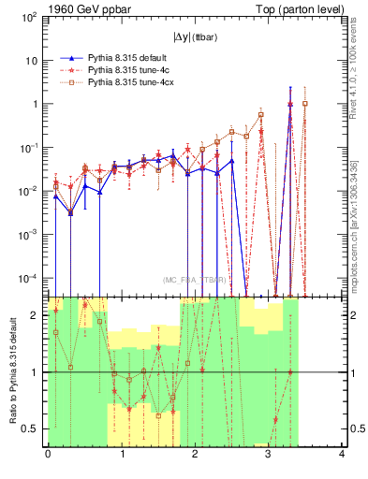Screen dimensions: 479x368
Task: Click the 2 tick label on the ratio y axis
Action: (x=37, y=315)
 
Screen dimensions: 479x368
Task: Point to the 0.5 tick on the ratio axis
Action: (x=33, y=428)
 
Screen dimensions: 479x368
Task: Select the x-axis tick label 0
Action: (x=48, y=455)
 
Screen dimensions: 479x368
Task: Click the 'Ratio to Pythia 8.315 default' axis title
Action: (x=12, y=371)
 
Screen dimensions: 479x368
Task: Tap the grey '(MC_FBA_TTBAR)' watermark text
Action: (x=195, y=280)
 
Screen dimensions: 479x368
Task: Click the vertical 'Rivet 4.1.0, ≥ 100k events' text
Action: (x=354, y=83)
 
